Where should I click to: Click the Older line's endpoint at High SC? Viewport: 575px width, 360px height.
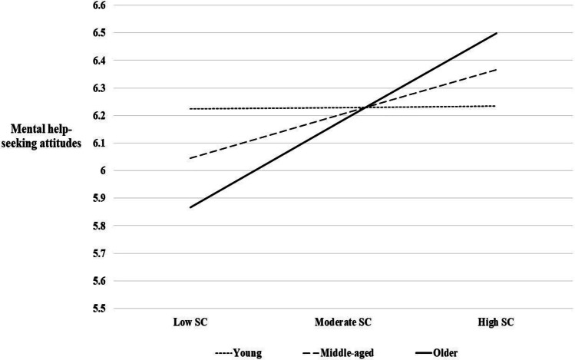[x=497, y=33]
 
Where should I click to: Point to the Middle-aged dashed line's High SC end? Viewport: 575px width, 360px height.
[x=497, y=70]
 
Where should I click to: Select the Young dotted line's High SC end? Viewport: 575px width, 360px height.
[x=497, y=106]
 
